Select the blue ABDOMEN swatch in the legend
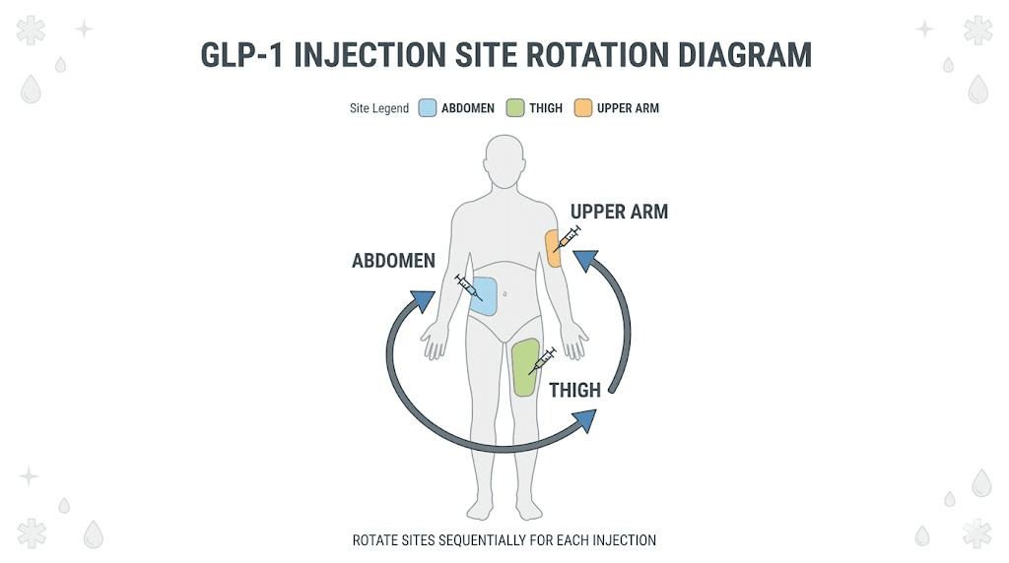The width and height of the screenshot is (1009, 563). coord(427,108)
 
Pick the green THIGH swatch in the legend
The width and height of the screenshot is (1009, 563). coord(514,108)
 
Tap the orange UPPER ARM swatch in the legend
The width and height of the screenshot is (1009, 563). coord(583,108)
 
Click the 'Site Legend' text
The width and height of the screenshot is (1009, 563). coord(379,108)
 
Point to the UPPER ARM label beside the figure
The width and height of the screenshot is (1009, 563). coord(619,212)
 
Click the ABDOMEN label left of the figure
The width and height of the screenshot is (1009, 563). coord(393,262)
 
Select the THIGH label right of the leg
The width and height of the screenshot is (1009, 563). coord(574,390)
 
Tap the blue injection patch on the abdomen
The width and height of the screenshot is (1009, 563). coord(484,296)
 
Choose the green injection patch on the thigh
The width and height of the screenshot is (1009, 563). coord(524,368)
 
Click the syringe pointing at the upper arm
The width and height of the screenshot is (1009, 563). coord(567,238)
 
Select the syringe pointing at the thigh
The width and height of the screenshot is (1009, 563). coord(542,360)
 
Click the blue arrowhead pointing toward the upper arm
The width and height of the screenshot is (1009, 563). coord(587,262)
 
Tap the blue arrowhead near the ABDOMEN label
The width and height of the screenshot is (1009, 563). coord(422,301)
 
